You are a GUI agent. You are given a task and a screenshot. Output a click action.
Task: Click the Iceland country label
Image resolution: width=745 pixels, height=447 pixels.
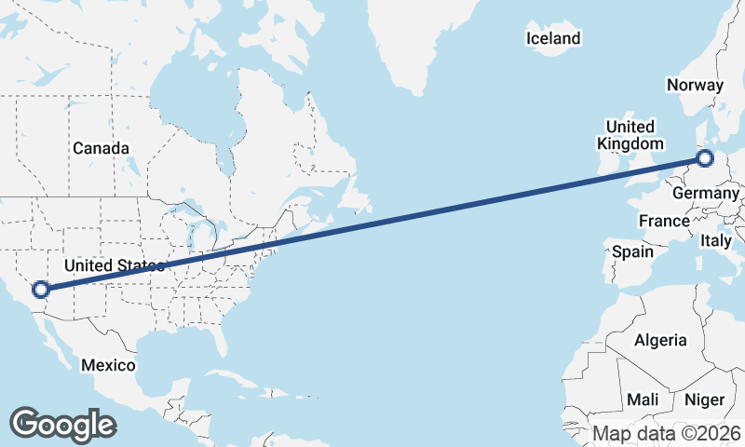coord(553,38)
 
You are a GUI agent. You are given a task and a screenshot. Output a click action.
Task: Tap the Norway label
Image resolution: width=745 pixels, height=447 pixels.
coord(695,85)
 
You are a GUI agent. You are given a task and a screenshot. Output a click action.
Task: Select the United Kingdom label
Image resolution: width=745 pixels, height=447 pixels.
coord(630,135)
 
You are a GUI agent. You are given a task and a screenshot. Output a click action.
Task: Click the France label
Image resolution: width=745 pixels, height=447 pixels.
coord(664,221)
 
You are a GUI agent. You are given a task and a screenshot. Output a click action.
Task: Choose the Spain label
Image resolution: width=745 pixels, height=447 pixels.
coord(632,251)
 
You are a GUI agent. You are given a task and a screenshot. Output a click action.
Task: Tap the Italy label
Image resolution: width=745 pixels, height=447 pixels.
coord(716,240)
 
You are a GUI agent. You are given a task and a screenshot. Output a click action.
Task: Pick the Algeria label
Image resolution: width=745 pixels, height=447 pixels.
coord(660,340)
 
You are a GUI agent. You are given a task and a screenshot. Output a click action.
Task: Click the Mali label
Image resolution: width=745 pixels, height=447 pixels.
coord(643,400)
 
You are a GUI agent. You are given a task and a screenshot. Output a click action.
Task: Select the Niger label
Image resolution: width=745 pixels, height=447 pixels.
coord(704,400)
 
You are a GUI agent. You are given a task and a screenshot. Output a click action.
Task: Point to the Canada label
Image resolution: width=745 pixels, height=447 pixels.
coord(101,148)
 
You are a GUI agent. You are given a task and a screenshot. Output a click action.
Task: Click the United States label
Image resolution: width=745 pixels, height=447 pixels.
coord(114,265)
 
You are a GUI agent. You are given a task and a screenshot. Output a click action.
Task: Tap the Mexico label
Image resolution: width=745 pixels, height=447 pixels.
coord(107,364)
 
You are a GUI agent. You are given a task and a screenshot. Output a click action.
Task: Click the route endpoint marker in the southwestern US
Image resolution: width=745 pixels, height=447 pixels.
coord(40,289)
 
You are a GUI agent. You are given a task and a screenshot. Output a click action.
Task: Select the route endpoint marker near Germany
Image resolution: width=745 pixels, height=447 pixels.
coord(705,157)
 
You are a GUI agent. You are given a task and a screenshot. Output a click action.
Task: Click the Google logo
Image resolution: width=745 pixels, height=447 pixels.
coord(62,424)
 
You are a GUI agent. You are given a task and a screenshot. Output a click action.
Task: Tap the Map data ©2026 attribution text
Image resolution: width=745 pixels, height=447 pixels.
coord(667,433)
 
